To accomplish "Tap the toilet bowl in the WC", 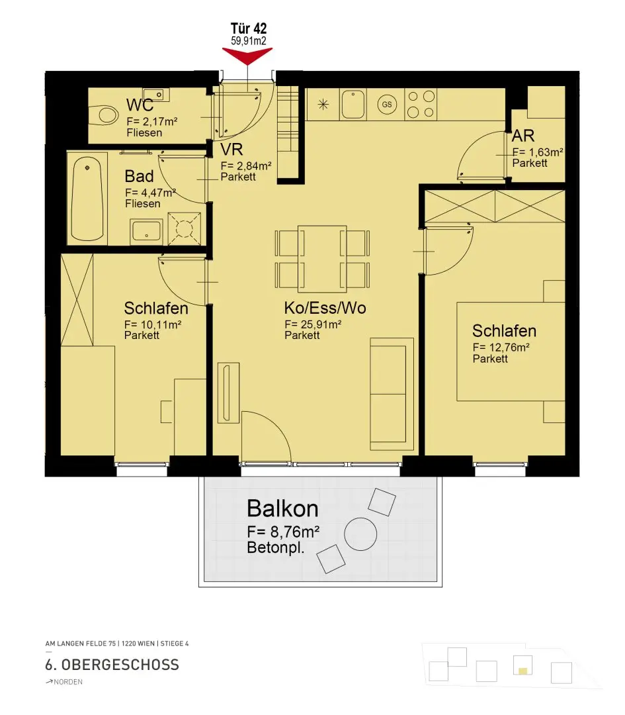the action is click(103, 115).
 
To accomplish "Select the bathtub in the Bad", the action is click(87, 199).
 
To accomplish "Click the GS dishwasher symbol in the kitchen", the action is click(387, 105).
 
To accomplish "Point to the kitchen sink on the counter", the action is click(353, 105).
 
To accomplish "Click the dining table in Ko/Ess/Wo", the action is click(322, 259).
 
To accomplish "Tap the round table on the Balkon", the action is click(360, 534).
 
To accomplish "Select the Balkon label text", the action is click(282, 508).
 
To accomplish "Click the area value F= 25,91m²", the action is click(313, 324).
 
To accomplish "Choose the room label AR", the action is click(523, 136).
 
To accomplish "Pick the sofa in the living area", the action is click(392, 394).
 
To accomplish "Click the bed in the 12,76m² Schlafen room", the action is click(511, 352).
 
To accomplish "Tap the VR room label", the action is click(231, 150).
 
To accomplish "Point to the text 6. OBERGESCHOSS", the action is click(112, 665).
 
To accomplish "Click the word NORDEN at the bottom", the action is click(68, 682).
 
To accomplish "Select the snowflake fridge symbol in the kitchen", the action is click(323, 105).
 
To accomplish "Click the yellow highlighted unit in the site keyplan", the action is click(523, 671).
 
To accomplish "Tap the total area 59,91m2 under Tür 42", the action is click(249, 40).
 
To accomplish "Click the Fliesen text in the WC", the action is click(144, 132).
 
